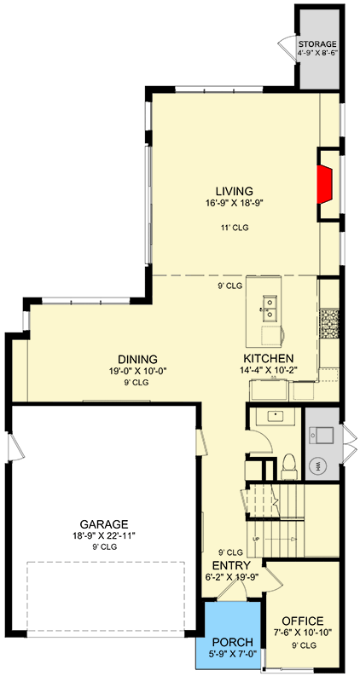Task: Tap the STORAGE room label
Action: (317, 44)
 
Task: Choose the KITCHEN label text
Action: (269, 358)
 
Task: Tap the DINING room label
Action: (137, 359)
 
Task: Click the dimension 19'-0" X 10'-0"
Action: (137, 371)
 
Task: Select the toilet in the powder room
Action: (288, 465)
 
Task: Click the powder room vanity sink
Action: (276, 417)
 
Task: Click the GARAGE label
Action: (106, 524)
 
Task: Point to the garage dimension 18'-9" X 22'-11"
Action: (106, 536)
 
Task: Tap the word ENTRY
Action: (231, 565)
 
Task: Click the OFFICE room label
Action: (303, 621)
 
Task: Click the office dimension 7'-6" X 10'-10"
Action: (303, 633)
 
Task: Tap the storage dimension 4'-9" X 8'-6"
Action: (317, 54)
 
